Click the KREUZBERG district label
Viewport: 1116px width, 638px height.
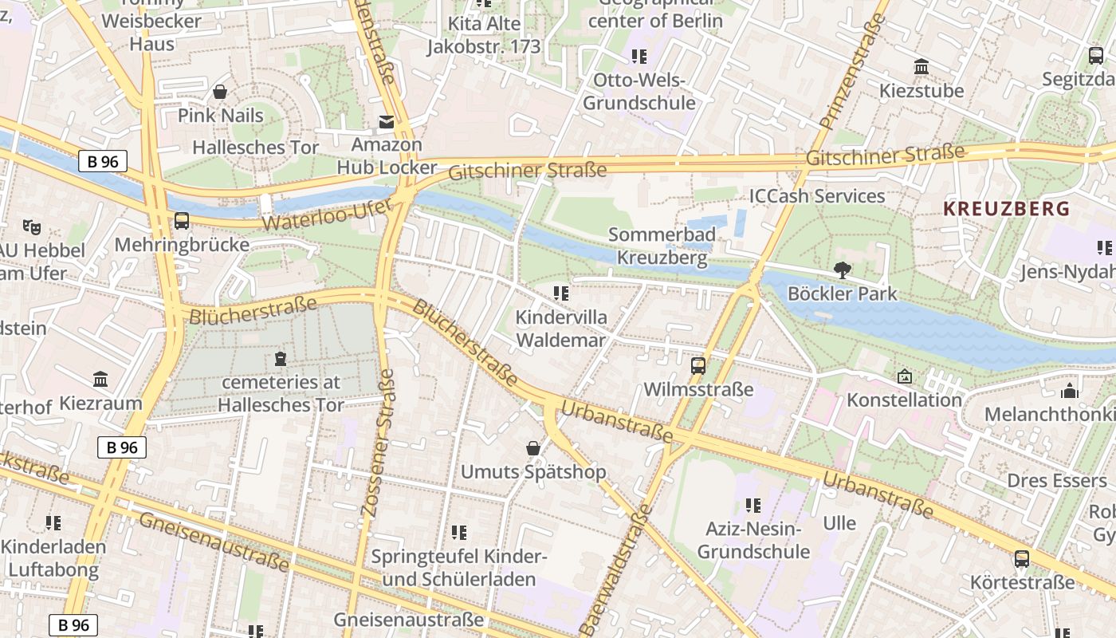click(x=1006, y=209)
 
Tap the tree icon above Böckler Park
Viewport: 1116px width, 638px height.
click(x=842, y=270)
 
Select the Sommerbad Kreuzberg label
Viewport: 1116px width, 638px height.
click(x=662, y=246)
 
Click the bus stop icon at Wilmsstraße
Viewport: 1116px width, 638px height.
click(x=698, y=366)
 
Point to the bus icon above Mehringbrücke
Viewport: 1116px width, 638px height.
click(x=182, y=221)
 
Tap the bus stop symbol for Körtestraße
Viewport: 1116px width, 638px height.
click(x=1022, y=559)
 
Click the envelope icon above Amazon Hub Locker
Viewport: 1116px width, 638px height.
click(x=387, y=122)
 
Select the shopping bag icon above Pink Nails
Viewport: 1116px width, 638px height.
click(x=220, y=92)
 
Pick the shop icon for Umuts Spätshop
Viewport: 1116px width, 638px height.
click(x=533, y=449)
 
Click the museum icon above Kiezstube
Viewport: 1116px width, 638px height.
click(x=921, y=66)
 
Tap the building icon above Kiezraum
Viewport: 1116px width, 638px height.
click(x=100, y=379)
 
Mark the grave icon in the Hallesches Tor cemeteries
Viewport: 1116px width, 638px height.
click(x=280, y=359)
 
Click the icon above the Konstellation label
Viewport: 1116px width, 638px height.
click(x=905, y=376)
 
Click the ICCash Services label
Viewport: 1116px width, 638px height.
click(x=816, y=196)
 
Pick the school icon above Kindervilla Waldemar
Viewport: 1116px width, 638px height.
click(x=561, y=293)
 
